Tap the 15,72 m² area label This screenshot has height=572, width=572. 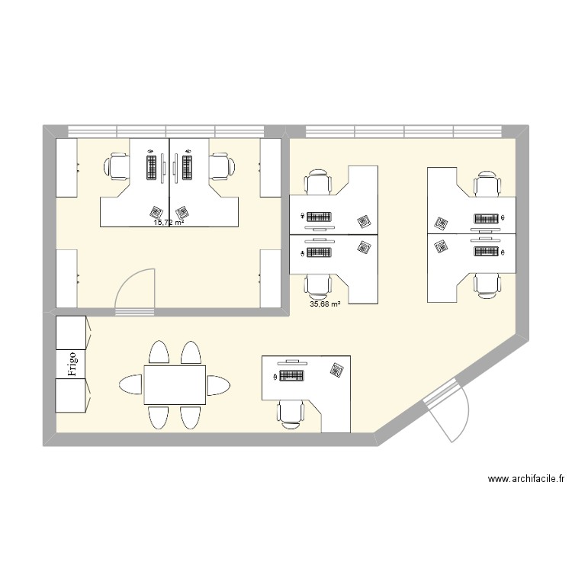pyautogui.click(x=169, y=223)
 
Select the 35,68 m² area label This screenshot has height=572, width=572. pyautogui.click(x=325, y=304)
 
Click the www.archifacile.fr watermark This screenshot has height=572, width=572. pyautogui.click(x=526, y=480)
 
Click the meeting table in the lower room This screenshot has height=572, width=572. pyautogui.click(x=175, y=384)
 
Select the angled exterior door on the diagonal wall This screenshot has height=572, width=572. pyautogui.click(x=447, y=412)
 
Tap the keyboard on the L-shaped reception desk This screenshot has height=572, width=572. pyautogui.click(x=291, y=375)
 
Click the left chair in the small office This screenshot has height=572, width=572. pyautogui.click(x=119, y=166)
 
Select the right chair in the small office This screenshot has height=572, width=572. pyautogui.click(x=220, y=166)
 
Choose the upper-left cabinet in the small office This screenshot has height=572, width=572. pyautogui.click(x=66, y=168)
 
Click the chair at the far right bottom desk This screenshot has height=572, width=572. pyautogui.click(x=487, y=284)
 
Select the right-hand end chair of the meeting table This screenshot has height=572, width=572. pyautogui.click(x=219, y=384)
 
